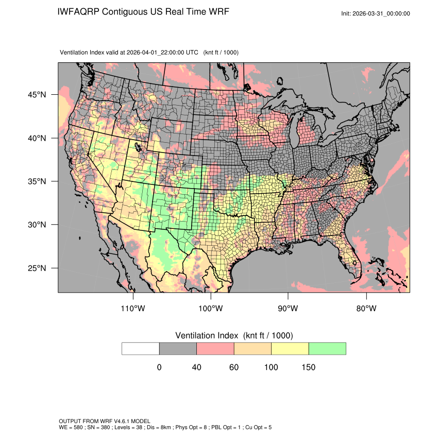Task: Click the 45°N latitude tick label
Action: coord(37,95)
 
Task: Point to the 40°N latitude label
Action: coord(37,138)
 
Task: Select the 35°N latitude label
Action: coord(37,181)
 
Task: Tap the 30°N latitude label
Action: coord(37,225)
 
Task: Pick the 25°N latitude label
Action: coord(37,268)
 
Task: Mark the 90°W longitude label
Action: coord(289,309)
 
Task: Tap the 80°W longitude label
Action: coord(366,309)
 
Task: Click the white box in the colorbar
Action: coord(141,348)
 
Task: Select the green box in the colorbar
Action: coord(327,348)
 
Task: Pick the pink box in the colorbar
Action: coord(215,348)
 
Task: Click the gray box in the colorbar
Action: coord(178,348)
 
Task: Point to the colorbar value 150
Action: coord(308,367)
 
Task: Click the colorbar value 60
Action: coord(234,367)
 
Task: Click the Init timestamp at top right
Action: coord(376,13)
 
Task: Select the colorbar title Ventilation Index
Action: coord(209,335)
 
